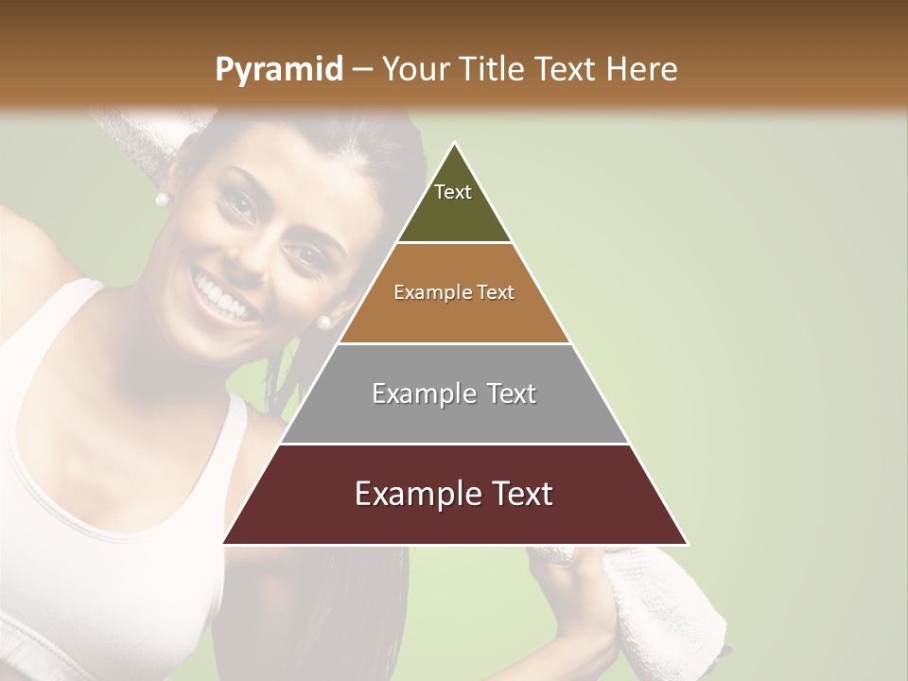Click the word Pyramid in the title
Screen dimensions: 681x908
[x=278, y=69]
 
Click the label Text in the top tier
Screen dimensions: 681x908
[x=453, y=192]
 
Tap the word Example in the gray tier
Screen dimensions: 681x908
[x=416, y=393]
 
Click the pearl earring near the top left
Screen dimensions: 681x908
[x=161, y=199]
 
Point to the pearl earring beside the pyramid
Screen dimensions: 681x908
[x=323, y=322]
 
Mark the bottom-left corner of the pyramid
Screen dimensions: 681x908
[x=223, y=544]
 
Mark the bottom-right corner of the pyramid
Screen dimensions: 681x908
[x=688, y=544]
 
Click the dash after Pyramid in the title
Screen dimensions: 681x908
[x=361, y=69]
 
